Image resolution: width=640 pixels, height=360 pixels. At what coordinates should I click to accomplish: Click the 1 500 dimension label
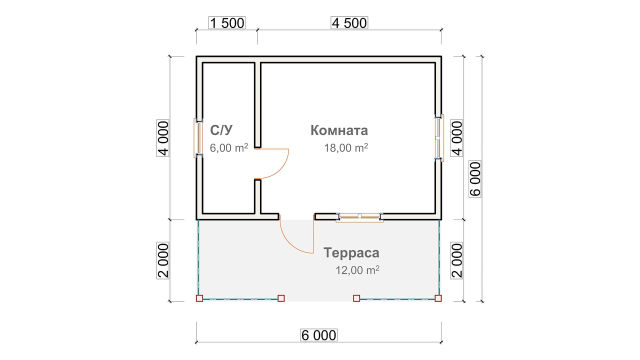click(x=227, y=23)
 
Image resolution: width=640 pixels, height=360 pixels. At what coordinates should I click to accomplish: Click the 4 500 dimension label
click(x=349, y=23)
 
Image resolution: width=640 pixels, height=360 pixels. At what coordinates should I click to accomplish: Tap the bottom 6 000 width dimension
click(x=318, y=335)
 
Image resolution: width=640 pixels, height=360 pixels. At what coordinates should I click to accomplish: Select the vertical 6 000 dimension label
click(x=475, y=179)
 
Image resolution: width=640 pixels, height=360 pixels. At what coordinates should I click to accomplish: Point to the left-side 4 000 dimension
click(x=163, y=138)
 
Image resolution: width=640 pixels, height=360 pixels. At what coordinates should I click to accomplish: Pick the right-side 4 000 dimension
click(x=456, y=138)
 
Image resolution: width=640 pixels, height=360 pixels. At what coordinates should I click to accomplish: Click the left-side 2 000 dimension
click(x=163, y=260)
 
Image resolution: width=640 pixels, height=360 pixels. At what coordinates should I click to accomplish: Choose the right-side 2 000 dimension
click(x=456, y=260)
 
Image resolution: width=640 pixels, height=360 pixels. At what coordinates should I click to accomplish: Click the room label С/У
click(x=221, y=130)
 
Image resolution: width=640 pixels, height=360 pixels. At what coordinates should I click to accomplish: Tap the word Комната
click(x=339, y=130)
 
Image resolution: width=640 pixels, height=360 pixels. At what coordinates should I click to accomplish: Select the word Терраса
click(x=351, y=253)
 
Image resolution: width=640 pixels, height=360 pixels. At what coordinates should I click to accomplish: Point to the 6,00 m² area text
click(x=229, y=147)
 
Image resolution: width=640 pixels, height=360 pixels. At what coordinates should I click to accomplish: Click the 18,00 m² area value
click(x=345, y=147)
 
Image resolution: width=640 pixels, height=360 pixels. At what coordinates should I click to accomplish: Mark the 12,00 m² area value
click(x=357, y=269)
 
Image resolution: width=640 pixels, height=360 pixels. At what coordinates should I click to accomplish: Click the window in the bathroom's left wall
click(x=198, y=138)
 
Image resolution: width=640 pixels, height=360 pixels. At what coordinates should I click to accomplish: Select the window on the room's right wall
click(x=439, y=138)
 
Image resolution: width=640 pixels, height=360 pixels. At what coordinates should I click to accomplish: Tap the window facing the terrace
click(x=359, y=217)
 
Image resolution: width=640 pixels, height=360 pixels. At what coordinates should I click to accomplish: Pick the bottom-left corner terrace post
click(x=199, y=298)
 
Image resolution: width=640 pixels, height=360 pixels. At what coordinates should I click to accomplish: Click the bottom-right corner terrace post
click(x=438, y=298)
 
